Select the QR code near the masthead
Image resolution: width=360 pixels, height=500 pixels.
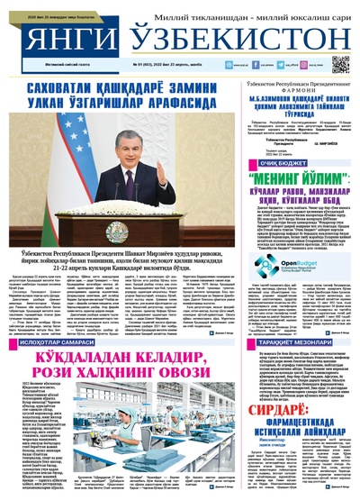339,64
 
